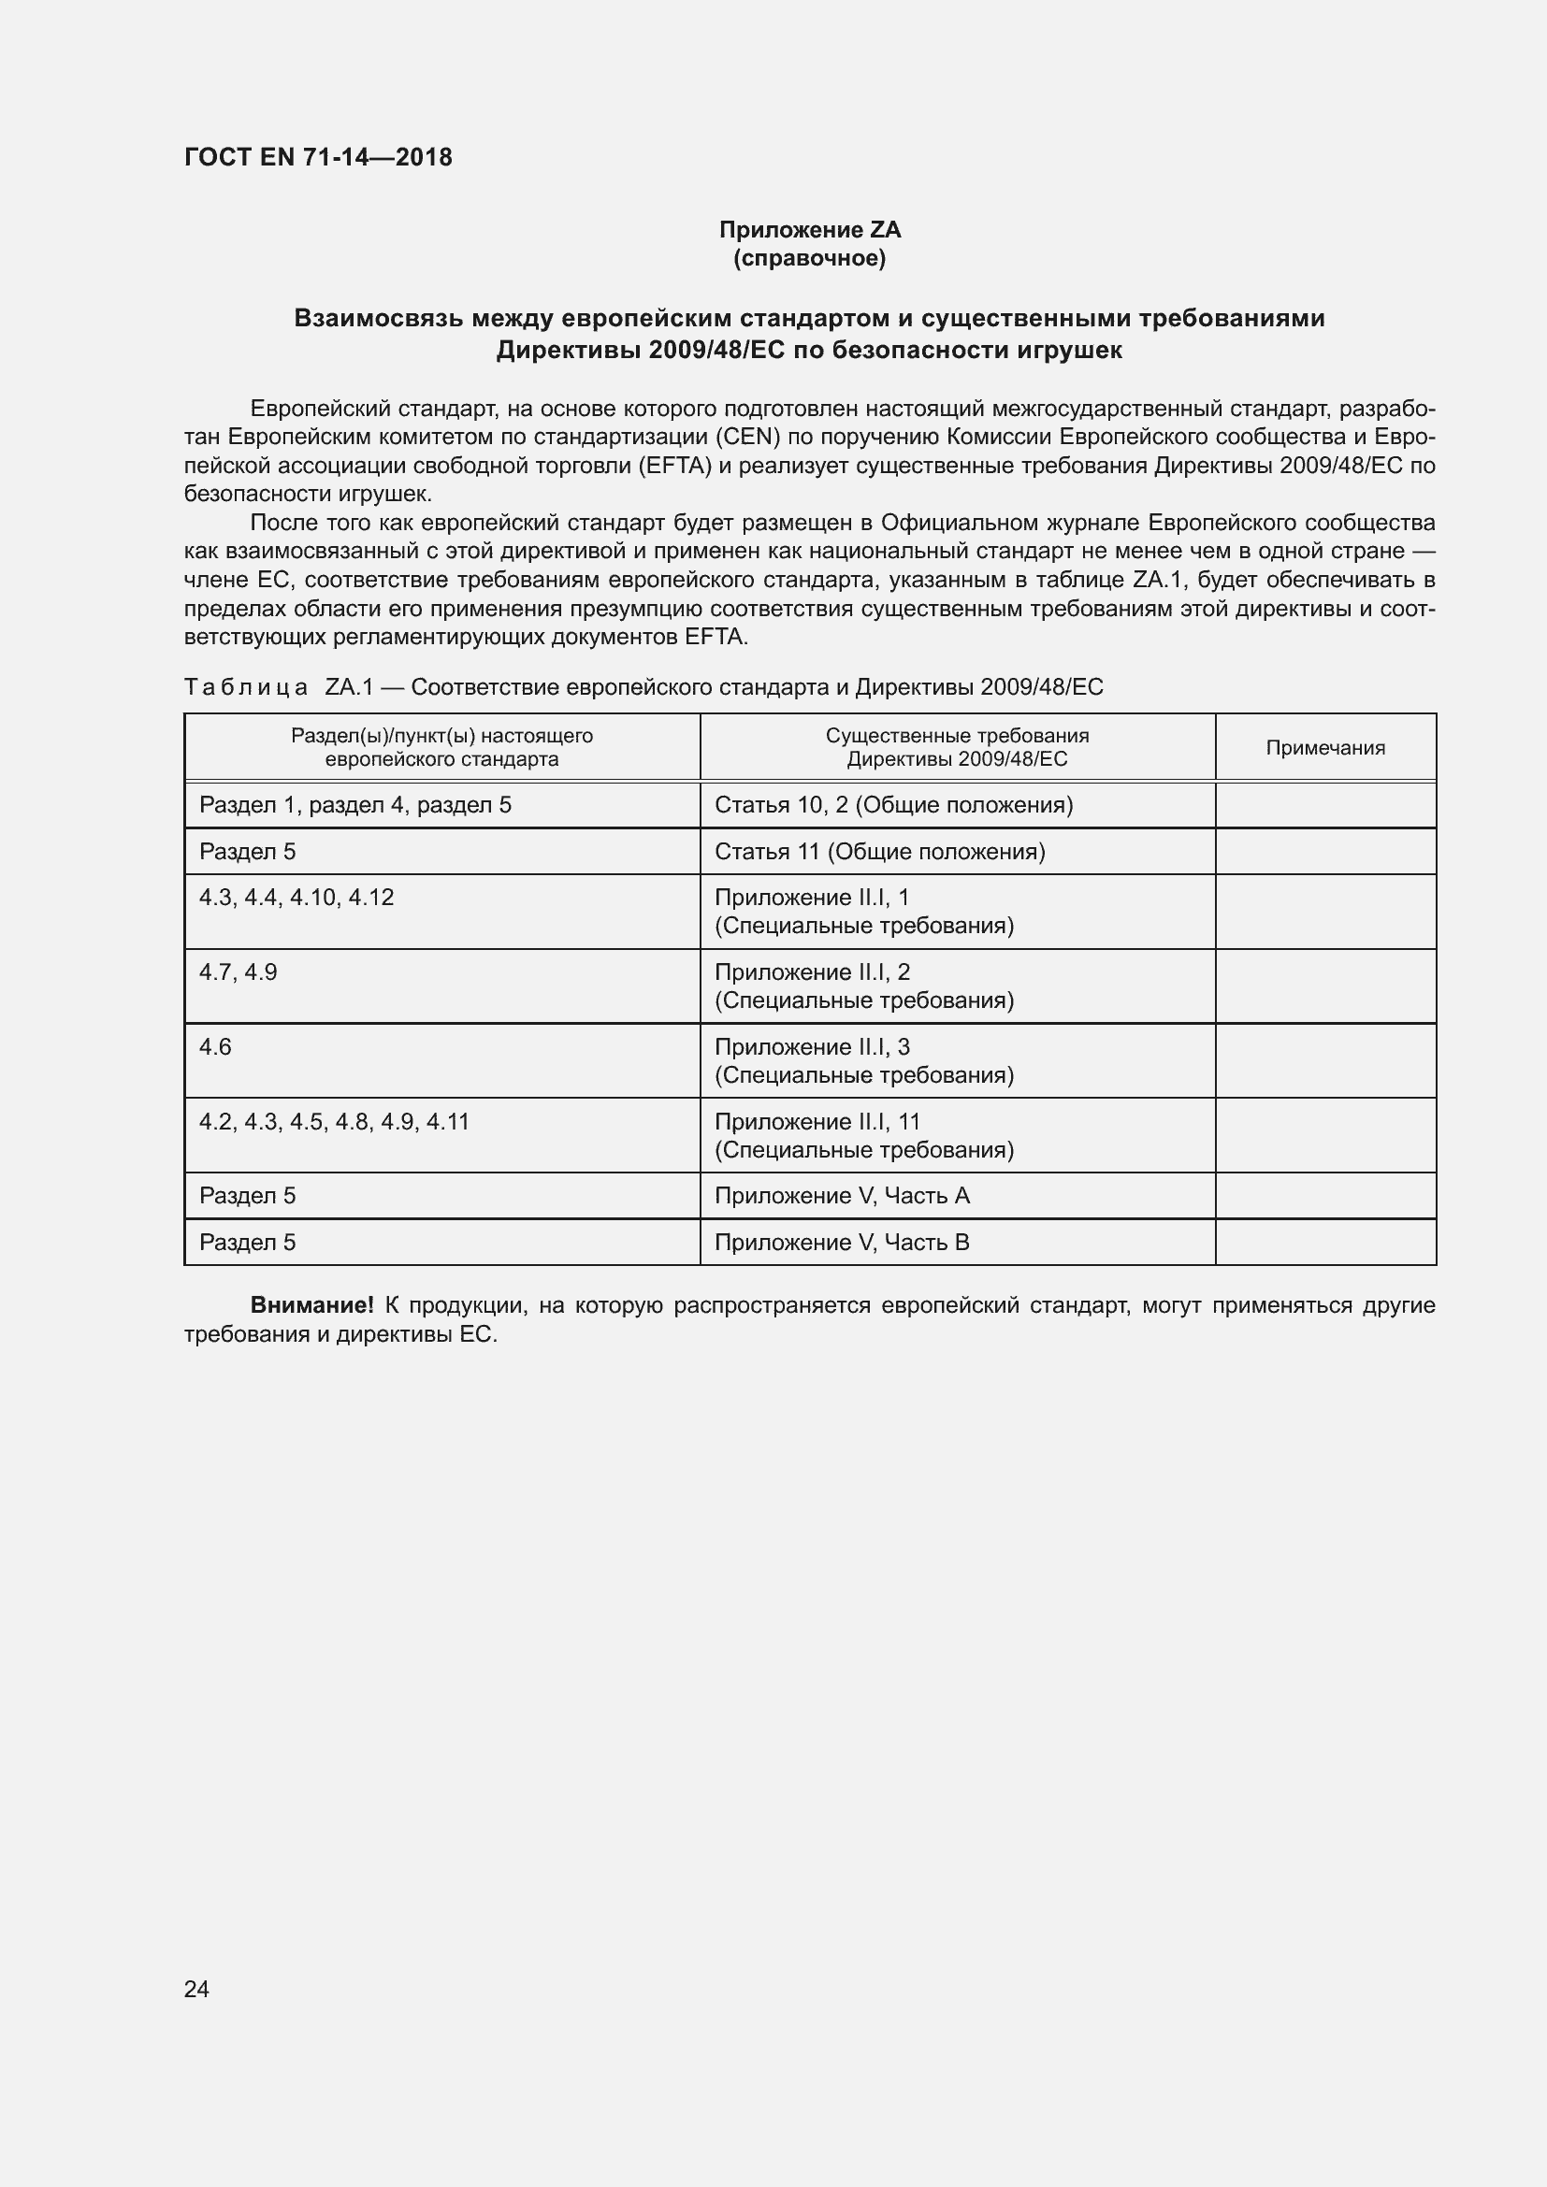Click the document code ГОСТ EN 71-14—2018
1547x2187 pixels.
318,157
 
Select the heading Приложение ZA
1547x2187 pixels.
810,230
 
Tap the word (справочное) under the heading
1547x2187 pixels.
810,258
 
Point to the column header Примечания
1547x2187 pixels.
1325,748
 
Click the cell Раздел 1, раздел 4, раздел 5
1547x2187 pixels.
355,805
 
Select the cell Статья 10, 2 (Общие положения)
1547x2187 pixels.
893,805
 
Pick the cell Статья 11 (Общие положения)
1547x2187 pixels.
879,852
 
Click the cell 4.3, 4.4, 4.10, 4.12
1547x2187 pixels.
296,898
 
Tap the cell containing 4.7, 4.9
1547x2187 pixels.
239,971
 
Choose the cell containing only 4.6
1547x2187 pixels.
215,1047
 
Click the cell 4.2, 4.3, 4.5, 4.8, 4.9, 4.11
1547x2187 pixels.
334,1121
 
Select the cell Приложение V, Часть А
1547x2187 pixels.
842,1196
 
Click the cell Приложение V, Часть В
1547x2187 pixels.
842,1242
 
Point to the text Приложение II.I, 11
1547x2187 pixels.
817,1121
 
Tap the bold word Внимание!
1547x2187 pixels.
311,1305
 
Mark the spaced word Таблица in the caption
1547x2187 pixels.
246,687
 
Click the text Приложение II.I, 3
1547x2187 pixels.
812,1047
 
